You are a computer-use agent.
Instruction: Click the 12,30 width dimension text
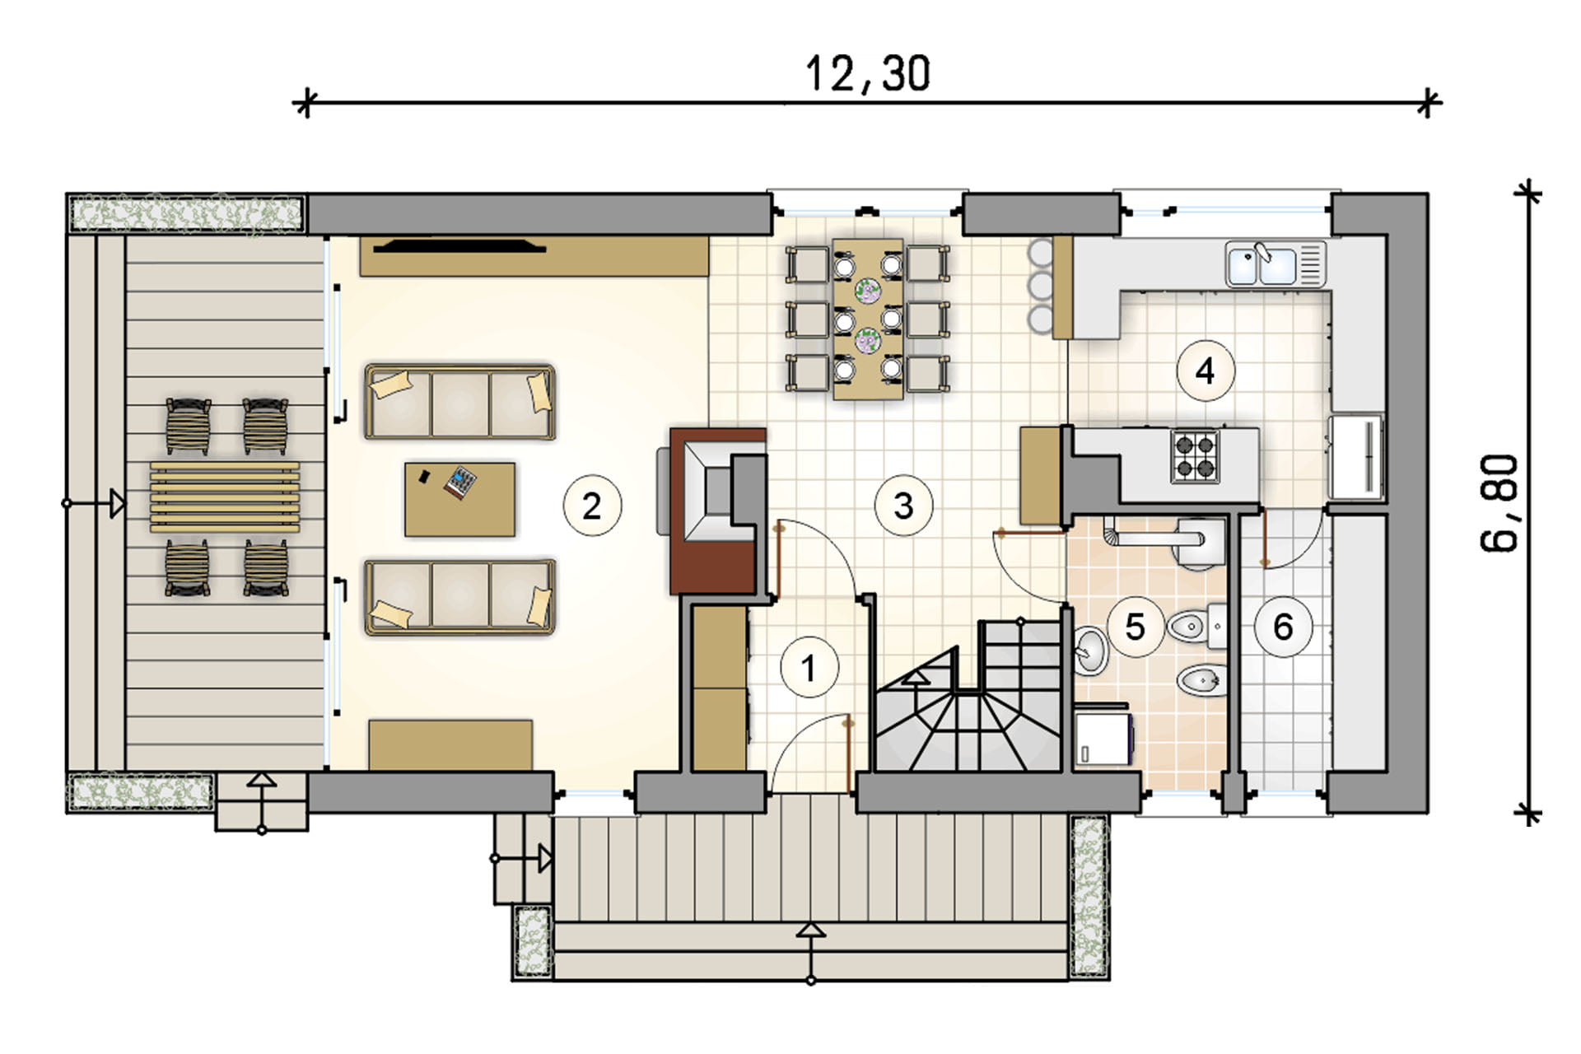(868, 73)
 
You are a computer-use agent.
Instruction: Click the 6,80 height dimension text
(1499, 503)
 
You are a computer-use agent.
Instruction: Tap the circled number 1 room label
(809, 668)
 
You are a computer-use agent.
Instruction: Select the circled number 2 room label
(592, 506)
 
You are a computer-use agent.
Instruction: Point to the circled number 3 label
(903, 506)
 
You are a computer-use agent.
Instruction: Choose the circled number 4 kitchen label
(1206, 371)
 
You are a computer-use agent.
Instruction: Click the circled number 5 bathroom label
(1136, 627)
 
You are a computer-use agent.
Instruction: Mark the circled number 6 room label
(1283, 627)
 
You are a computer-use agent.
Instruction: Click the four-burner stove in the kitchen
(1195, 456)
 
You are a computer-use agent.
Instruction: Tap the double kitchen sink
(1275, 263)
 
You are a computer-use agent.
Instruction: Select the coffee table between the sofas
(459, 499)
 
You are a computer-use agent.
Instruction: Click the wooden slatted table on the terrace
(225, 497)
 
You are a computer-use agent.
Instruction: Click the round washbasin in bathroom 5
(1090, 651)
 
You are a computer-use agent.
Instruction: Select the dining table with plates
(868, 319)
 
